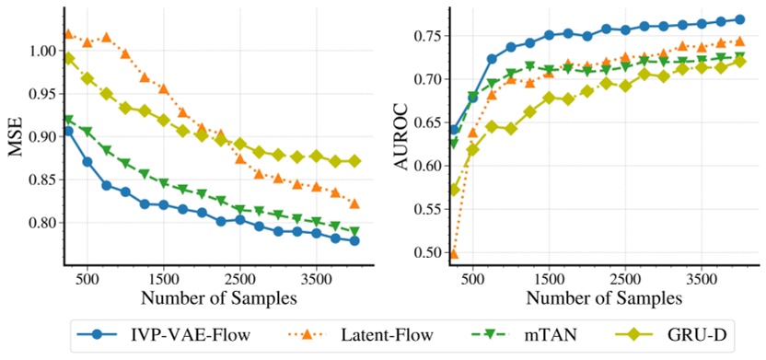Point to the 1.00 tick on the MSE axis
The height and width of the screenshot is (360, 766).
[x=43, y=51]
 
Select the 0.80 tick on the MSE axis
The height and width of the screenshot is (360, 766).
[x=43, y=223]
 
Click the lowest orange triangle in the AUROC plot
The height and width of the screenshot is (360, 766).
[x=454, y=253]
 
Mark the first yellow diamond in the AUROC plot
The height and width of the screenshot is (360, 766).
[x=454, y=191]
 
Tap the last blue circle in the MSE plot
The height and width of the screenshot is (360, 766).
[x=354, y=240]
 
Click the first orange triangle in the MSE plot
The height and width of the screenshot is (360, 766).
[x=68, y=34]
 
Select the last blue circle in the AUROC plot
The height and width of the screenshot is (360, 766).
[x=740, y=19]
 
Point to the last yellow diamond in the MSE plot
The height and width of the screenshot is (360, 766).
[x=354, y=161]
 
